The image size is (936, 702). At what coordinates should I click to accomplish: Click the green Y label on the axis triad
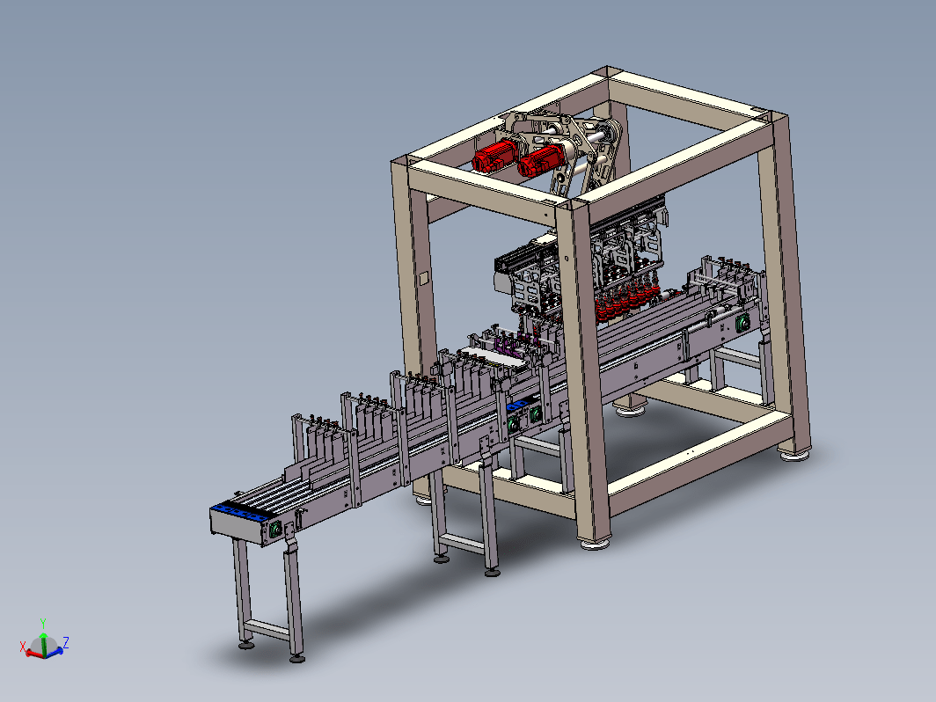click(x=43, y=624)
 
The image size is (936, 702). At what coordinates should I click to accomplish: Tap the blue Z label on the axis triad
click(x=66, y=642)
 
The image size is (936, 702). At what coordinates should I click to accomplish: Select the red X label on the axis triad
click(x=23, y=647)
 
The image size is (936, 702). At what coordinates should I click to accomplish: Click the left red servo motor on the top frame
click(x=495, y=155)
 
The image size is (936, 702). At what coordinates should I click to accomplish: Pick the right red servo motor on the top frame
click(x=540, y=159)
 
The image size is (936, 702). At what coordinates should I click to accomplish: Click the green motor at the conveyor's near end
click(x=276, y=530)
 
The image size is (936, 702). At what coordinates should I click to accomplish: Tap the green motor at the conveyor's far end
click(x=742, y=324)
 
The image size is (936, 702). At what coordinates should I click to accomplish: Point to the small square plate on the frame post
click(x=423, y=279)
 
